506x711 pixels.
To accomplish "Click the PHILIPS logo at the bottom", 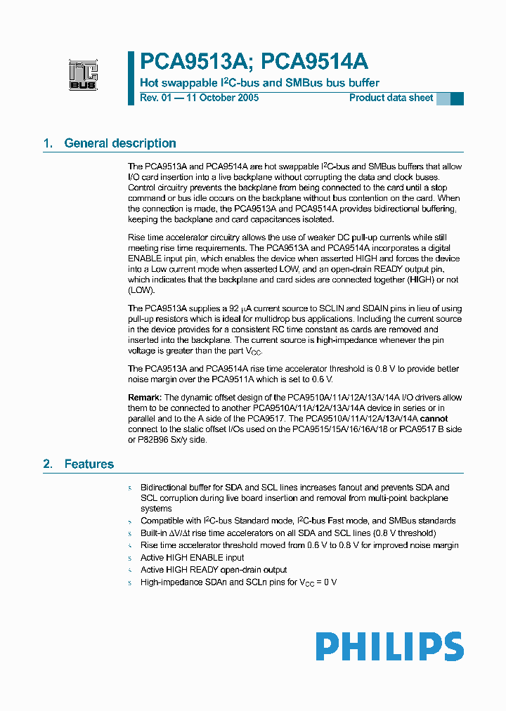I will click(x=389, y=646).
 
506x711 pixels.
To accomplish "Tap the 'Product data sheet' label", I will click(x=391, y=98).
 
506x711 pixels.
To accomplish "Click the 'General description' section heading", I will click(x=120, y=143).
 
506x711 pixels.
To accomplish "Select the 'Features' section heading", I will click(x=89, y=464).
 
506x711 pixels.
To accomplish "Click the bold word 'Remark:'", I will click(x=145, y=398).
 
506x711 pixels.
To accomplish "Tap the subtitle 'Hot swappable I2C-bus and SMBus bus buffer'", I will click(x=260, y=83).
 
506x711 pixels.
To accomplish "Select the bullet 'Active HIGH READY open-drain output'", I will click(x=214, y=569).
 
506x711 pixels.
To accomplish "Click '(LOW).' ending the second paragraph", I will click(x=141, y=290).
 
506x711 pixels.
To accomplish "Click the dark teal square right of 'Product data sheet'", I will click(x=457, y=98).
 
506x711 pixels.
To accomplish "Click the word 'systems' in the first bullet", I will click(x=156, y=509).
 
